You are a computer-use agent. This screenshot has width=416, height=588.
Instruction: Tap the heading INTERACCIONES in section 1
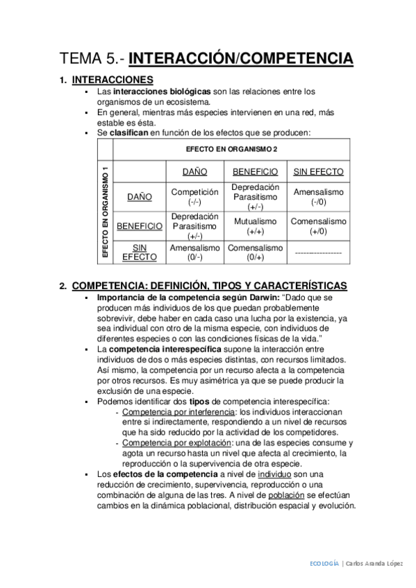(x=113, y=80)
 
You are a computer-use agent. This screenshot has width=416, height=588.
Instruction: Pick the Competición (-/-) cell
(x=194, y=196)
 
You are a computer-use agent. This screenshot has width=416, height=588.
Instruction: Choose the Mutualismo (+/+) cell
(x=255, y=226)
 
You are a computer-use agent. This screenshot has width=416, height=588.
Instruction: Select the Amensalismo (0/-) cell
(x=194, y=252)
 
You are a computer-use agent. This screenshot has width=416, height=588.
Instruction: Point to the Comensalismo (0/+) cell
(x=255, y=252)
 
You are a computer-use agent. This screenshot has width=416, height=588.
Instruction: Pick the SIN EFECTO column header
(x=318, y=171)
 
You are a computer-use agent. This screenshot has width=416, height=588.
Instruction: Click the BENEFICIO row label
(x=140, y=226)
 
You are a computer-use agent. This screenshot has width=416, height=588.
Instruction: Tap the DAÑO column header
(x=194, y=171)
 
